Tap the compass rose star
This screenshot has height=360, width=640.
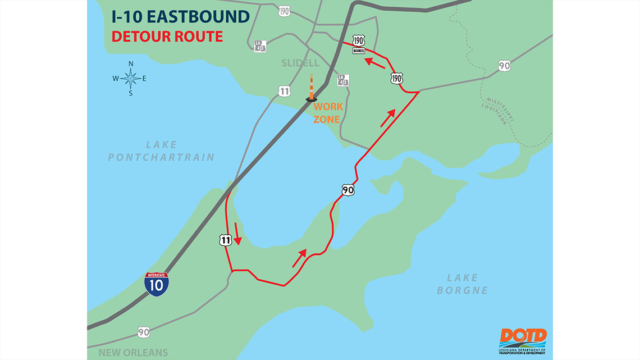[130, 79]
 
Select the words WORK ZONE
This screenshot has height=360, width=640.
[327, 112]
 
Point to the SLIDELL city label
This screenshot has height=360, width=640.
[300, 63]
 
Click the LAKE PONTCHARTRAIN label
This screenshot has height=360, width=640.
[161, 151]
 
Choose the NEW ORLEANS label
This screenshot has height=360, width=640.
[133, 353]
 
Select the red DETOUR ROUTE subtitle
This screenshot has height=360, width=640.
[167, 37]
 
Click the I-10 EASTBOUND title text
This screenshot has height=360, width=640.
[180, 16]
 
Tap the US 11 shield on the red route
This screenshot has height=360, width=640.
[225, 240]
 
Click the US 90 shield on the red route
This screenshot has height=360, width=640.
[348, 190]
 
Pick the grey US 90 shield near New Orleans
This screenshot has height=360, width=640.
[144, 333]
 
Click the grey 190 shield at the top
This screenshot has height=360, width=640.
[285, 11]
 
